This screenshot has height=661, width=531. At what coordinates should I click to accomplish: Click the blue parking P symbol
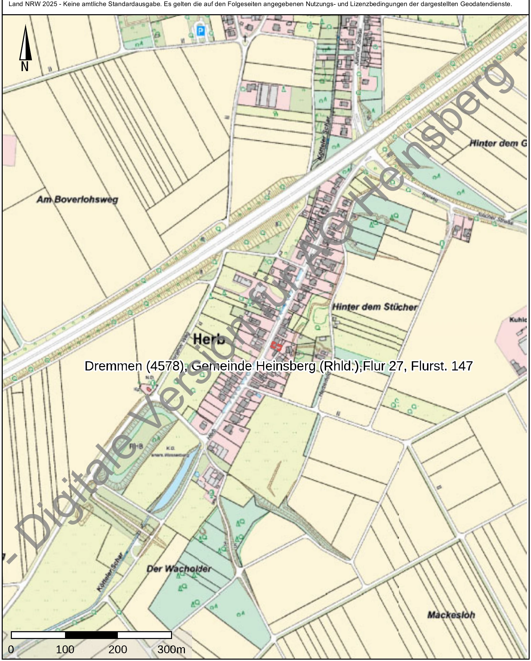201,31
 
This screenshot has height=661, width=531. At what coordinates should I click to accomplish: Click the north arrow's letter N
25,67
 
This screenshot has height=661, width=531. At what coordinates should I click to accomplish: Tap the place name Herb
209,339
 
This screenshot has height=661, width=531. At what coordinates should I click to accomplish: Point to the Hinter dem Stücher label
375,307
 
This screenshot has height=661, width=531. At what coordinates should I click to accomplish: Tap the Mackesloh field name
451,615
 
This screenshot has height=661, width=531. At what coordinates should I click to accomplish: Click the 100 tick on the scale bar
65,649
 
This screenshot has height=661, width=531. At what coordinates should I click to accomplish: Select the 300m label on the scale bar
171,649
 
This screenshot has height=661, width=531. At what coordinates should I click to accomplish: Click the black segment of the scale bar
91,635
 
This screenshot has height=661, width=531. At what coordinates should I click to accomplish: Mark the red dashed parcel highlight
276,346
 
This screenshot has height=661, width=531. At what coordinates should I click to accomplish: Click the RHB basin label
136,446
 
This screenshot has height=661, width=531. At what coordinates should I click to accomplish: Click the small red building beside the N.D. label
148,389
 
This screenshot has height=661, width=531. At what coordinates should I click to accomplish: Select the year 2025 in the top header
50,4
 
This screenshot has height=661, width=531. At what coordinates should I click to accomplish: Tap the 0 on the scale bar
11,649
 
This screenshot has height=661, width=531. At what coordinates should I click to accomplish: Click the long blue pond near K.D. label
176,481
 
